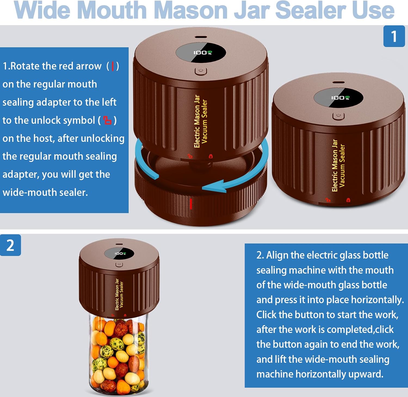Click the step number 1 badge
pos(394,36)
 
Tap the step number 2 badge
pos(10,245)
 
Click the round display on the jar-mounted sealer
pos(119,254)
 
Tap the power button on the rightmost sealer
pos(338,116)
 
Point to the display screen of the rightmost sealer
pos(339,98)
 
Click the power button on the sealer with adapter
pos(201,71)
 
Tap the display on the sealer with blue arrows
pos(201,52)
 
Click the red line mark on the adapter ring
pos(191,204)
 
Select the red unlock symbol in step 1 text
pos(107,120)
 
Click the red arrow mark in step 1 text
pos(113,66)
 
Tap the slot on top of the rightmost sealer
pos(338,82)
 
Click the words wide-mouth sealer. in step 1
pos(45,192)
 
